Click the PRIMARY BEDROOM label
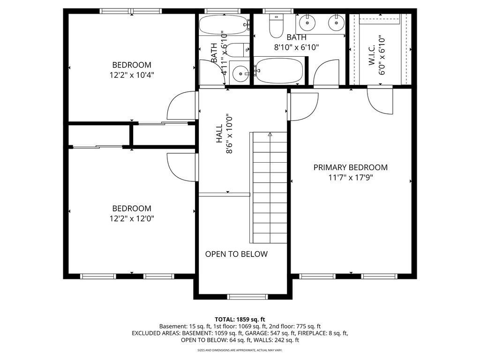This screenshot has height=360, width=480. tap(351, 167)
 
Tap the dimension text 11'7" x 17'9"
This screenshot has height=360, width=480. tap(351, 178)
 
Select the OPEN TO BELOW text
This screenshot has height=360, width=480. tap(236, 254)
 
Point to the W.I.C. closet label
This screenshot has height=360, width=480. tap(372, 55)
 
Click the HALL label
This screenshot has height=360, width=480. tap(219, 134)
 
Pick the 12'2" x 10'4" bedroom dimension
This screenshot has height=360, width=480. tap(132, 75)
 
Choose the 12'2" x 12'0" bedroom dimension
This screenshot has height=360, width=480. tap(132, 218)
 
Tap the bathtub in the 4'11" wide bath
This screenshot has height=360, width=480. tap(224, 24)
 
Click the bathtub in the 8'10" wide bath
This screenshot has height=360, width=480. tap(278, 70)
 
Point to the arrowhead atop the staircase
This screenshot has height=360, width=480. tap(270, 134)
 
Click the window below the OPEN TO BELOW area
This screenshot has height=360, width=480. tap(247, 296)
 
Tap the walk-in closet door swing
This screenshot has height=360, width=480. tap(380, 101)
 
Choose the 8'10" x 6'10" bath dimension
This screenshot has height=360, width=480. tap(296, 47)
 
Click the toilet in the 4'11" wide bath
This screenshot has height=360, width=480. tap(239, 50)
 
